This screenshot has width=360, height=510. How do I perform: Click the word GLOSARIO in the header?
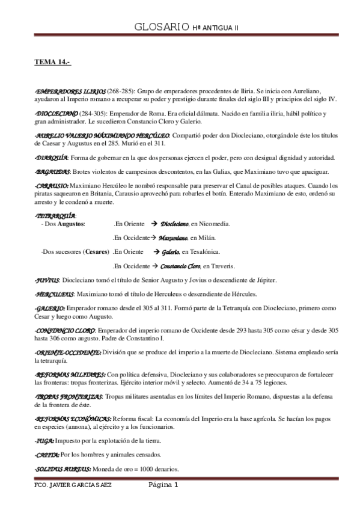(x=158, y=28)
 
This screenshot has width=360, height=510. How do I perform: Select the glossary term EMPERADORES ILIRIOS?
(x=71, y=90)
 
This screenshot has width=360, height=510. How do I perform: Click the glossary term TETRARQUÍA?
(x=55, y=215)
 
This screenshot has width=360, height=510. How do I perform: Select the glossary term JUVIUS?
(x=47, y=280)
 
